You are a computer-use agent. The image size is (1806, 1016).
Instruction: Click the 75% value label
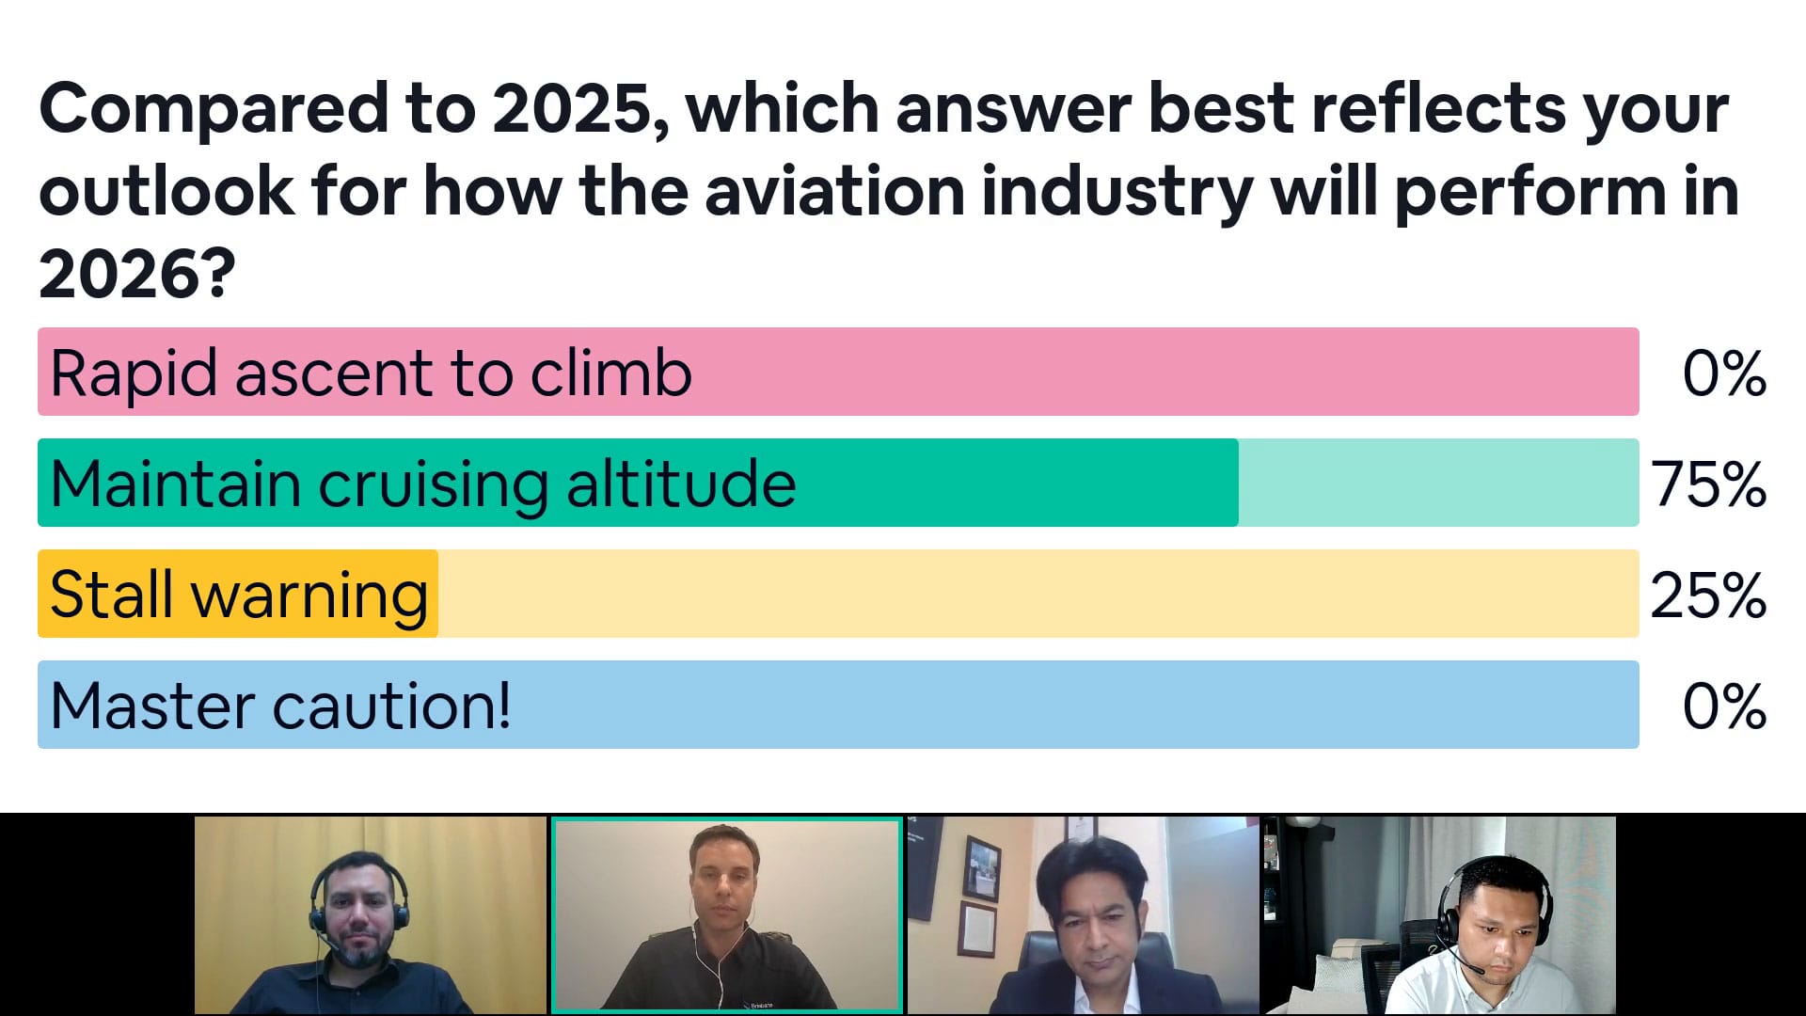tap(1708, 484)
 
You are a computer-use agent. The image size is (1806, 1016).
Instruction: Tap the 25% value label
tap(1708, 595)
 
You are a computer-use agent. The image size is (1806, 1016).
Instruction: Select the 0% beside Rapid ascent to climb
tap(1724, 373)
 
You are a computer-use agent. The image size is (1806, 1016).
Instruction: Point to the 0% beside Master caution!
tap(1724, 706)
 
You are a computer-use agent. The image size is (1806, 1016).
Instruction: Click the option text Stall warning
tap(239, 595)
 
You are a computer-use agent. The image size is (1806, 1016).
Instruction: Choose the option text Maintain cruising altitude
tap(423, 484)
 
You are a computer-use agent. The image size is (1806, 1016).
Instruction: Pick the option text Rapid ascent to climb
tap(372, 373)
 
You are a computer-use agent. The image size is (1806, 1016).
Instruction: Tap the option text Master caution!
tap(281, 706)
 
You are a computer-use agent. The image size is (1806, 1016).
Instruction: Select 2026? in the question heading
tap(137, 275)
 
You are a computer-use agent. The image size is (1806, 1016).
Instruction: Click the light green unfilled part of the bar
tap(1438, 483)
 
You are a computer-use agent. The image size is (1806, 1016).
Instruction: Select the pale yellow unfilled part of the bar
tap(1038, 594)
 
